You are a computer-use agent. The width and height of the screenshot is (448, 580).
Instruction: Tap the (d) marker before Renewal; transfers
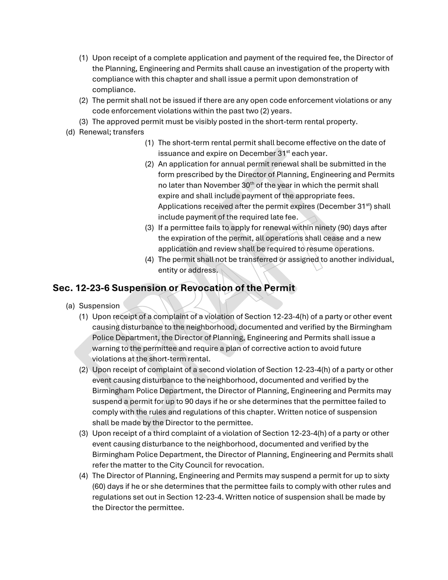coord(70,132)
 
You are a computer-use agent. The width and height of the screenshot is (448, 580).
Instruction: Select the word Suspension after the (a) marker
coord(99,306)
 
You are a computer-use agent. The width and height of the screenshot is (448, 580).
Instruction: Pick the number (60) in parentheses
coord(99,486)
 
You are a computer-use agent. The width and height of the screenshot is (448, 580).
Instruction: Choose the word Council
coord(198,465)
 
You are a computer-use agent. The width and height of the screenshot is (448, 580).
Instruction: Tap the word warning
coord(105,348)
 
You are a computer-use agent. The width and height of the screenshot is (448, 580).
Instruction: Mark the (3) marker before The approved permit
coord(83,122)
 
